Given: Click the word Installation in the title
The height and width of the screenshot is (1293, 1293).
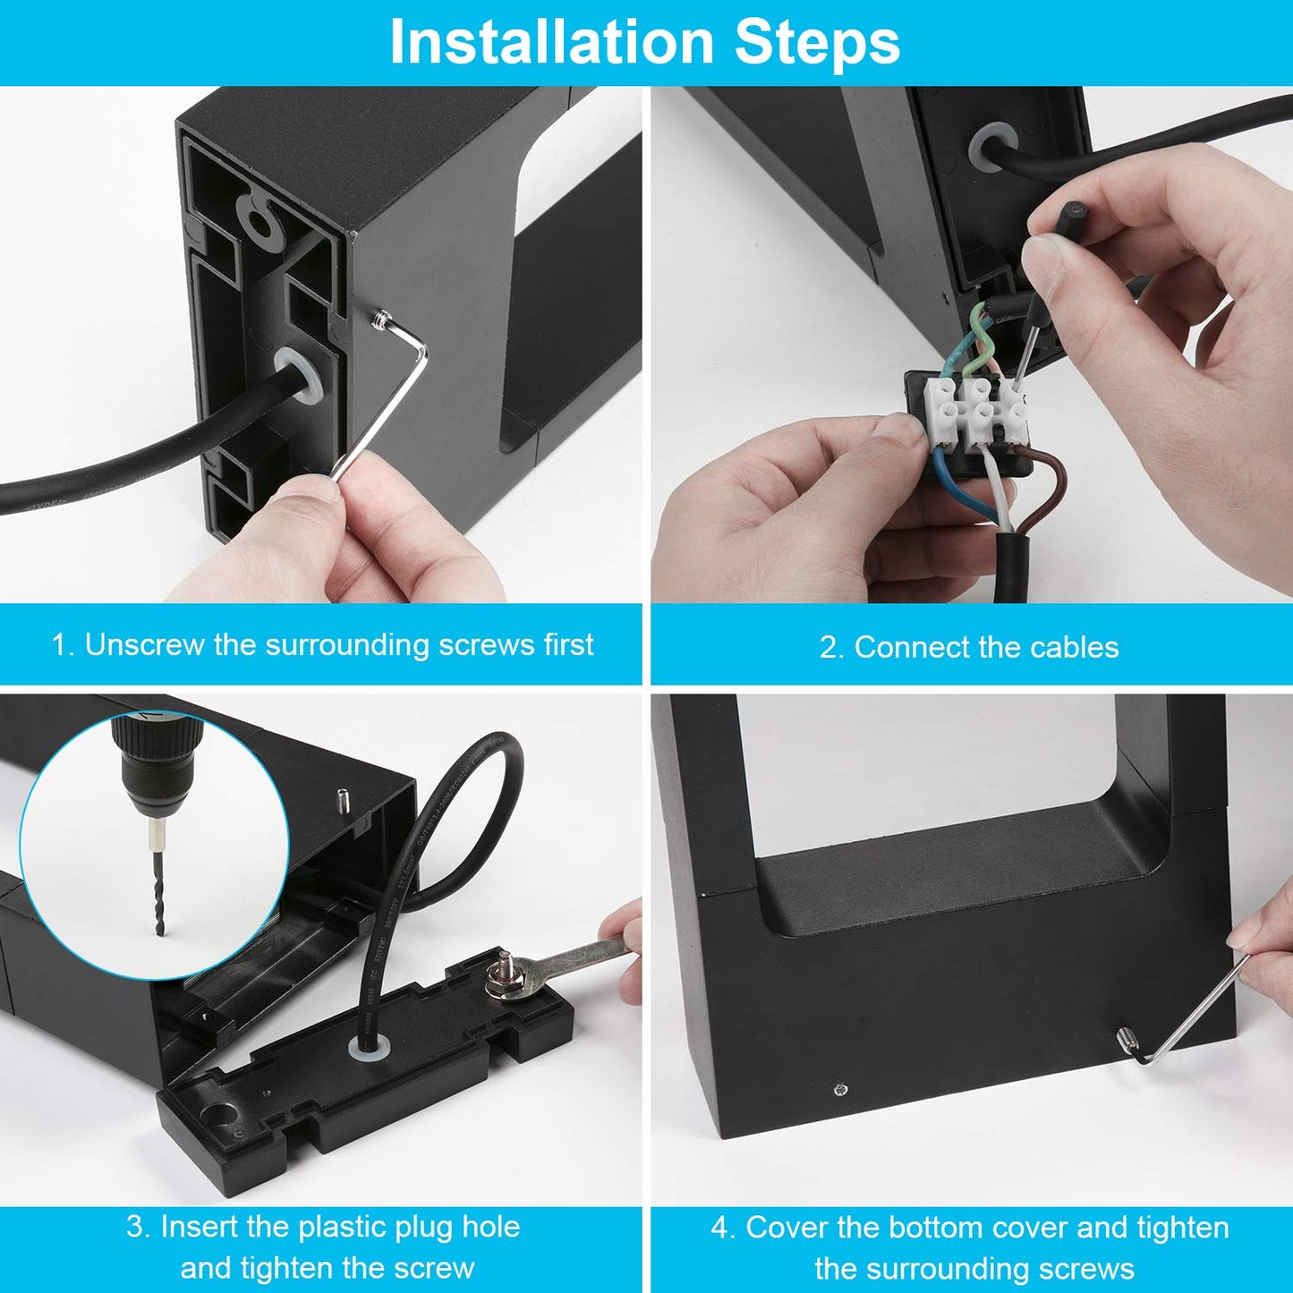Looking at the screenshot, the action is coord(551,41).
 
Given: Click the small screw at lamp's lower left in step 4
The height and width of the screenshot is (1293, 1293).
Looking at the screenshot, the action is coord(839,1089).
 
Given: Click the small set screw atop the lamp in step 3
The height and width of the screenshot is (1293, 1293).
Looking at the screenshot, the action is coord(343,801).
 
